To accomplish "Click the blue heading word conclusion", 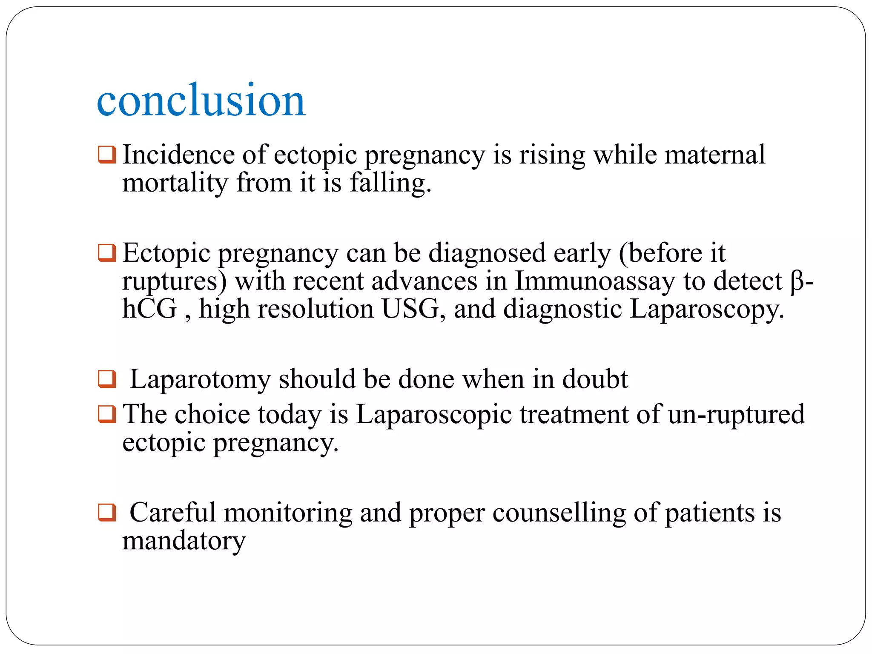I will point(201,100).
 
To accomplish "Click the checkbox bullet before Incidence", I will point(106,155).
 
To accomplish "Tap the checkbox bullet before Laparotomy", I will point(106,379).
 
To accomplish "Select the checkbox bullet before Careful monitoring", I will point(106,512).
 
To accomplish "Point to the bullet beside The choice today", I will point(106,414).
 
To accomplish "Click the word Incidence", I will point(178,155).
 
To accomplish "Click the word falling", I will point(390,184).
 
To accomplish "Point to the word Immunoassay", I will point(595,281).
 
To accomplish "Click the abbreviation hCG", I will point(149,309).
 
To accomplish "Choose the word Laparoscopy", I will point(706,310).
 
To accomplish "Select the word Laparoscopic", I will point(434,414).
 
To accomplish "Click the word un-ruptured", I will point(736,414).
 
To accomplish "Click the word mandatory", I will point(184,541).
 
